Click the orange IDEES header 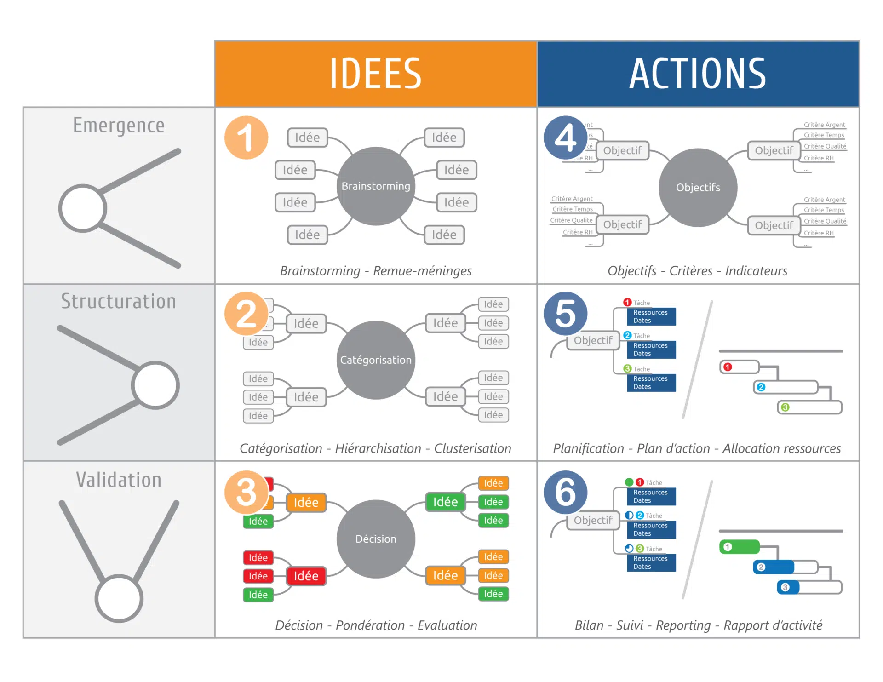(x=375, y=74)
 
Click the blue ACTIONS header (x=698, y=74)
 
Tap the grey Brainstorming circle (x=376, y=186)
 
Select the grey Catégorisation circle (x=376, y=360)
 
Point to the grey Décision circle (x=376, y=539)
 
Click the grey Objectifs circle (x=698, y=188)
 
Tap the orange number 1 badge (x=246, y=138)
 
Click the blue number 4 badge (x=565, y=138)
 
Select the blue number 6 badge (x=565, y=492)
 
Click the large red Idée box (x=306, y=576)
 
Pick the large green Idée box (x=445, y=502)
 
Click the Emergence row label (x=119, y=126)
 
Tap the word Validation (x=119, y=480)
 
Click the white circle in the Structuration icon (x=155, y=385)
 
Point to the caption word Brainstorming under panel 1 (x=320, y=271)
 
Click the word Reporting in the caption (x=683, y=625)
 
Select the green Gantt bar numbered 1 (x=740, y=547)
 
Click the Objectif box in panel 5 (x=593, y=340)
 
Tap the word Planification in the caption (x=588, y=448)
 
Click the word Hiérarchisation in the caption (x=378, y=448)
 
